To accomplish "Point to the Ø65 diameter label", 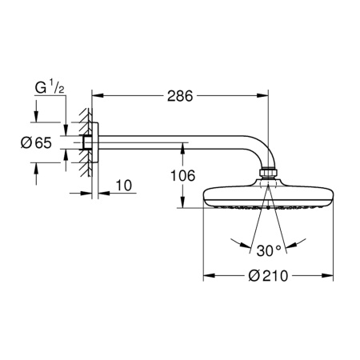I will (38, 142).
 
